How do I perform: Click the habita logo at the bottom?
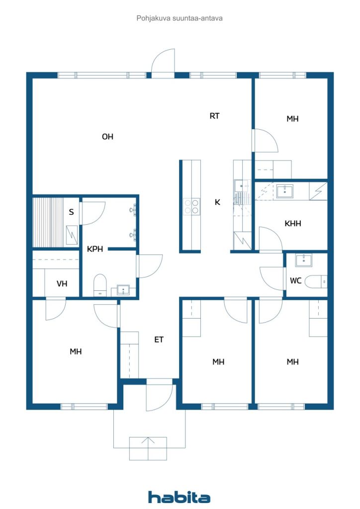click(179, 497)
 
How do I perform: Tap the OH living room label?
click(107, 137)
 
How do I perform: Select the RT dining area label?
click(214, 116)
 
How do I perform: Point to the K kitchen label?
click(217, 202)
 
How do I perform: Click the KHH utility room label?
click(293, 224)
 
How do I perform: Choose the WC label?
click(295, 281)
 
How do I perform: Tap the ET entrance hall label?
click(159, 340)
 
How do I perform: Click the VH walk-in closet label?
click(62, 284)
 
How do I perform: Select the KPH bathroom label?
click(95, 249)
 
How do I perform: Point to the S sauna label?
click(71, 212)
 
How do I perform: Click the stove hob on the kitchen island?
click(191, 206)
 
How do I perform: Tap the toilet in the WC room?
click(315, 282)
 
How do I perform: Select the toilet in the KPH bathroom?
click(100, 284)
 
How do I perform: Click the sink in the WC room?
click(303, 260)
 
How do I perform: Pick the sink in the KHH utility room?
click(284, 191)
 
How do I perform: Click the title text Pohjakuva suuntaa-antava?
click(179, 18)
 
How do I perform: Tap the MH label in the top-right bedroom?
click(292, 119)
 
